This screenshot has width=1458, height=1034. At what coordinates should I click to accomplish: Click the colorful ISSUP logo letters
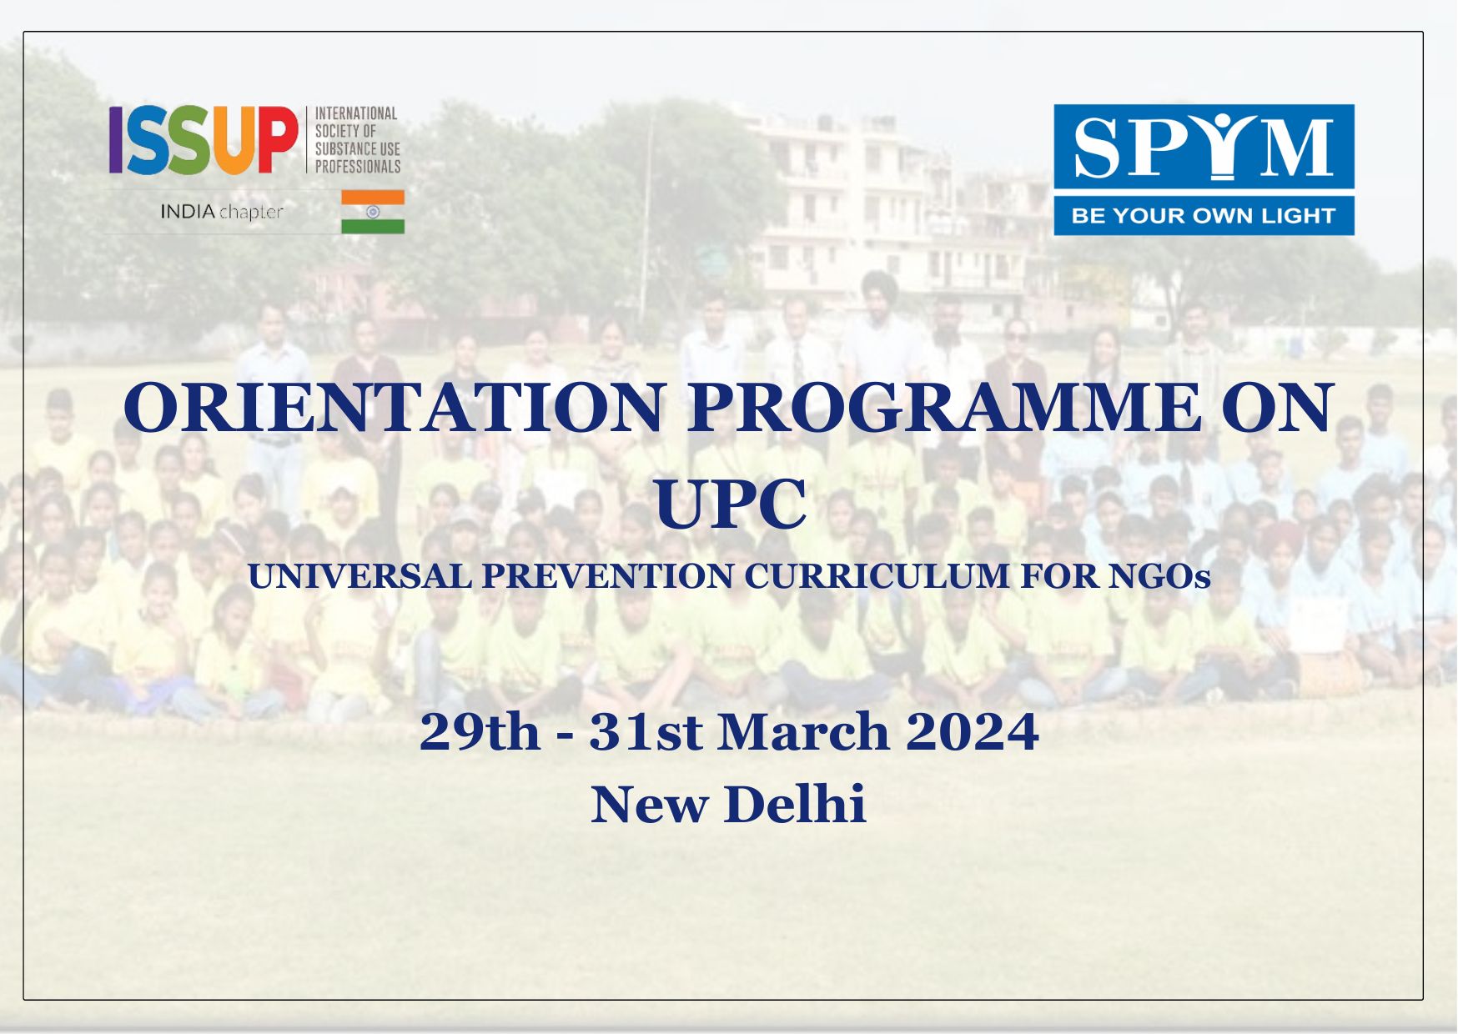pos(203,139)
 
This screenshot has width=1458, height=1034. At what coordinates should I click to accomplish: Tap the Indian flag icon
pos(373,212)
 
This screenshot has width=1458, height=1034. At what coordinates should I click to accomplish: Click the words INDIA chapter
pos(222,212)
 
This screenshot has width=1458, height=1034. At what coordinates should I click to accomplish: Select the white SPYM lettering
pos(1203,148)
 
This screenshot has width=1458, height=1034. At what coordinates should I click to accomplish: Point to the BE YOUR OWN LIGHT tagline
pos(1203,216)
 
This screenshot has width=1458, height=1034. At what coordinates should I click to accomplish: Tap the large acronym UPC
pos(730,504)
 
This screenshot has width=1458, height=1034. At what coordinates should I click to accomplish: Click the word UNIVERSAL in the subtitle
pos(360,576)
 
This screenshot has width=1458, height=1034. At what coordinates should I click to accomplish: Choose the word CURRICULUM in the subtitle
pos(877,576)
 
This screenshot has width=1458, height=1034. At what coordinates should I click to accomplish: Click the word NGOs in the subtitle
pos(1159,576)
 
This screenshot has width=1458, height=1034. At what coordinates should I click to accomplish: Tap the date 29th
pos(480,732)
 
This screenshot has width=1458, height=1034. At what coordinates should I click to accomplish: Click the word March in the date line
pos(803,732)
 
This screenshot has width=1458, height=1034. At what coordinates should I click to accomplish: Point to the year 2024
pos(972,732)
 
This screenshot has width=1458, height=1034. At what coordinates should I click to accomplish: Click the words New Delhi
pos(728,805)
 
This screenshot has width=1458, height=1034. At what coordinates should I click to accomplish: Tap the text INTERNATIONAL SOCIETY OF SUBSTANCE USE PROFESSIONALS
pos(357,139)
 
